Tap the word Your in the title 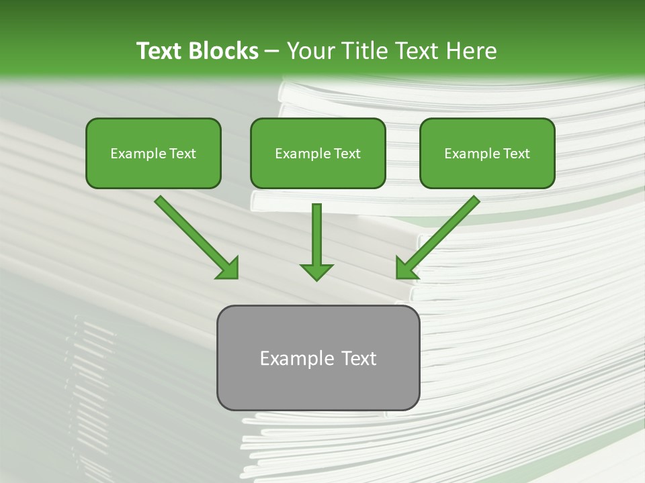[x=312, y=51]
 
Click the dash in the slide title [x=273, y=51]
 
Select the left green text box [x=153, y=153]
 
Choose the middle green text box [x=318, y=153]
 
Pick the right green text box [x=487, y=153]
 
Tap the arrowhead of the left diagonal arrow [x=229, y=269]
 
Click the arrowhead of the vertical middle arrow [x=316, y=271]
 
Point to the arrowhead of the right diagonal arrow [x=406, y=269]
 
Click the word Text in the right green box [x=517, y=154]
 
